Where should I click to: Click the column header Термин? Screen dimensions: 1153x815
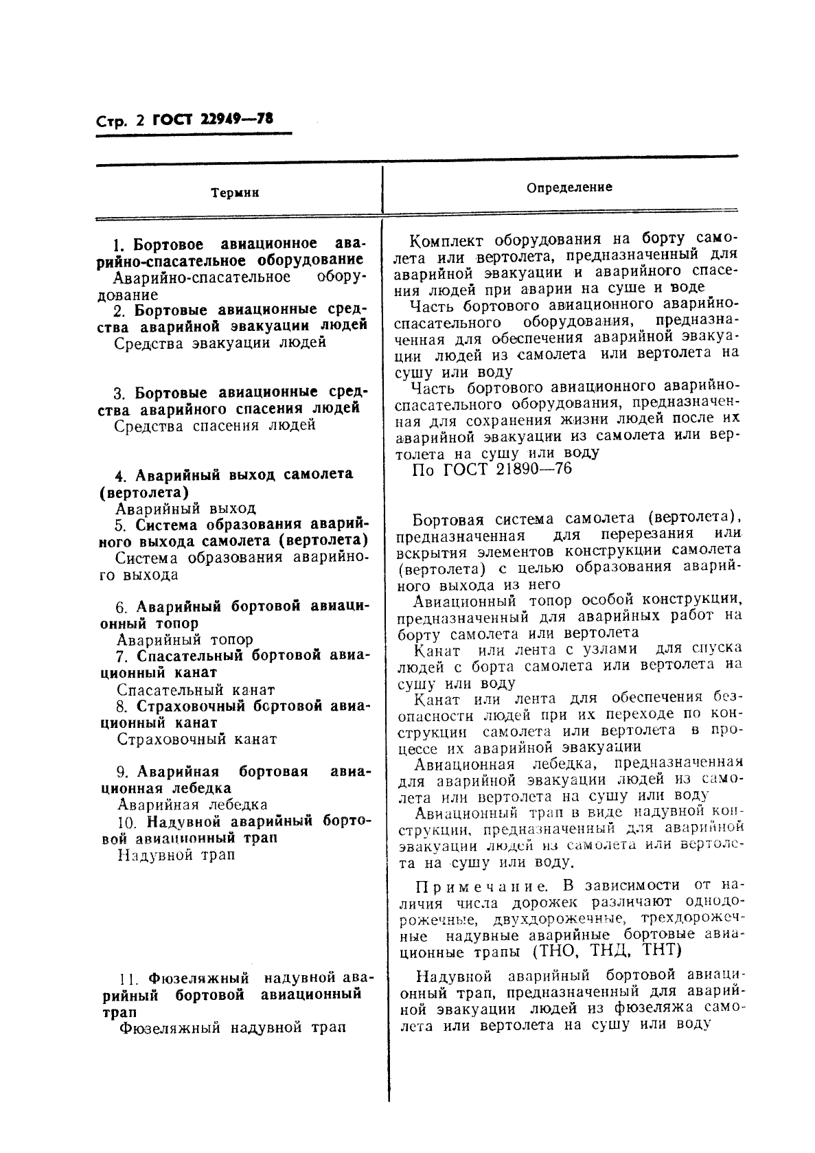pos(235,194)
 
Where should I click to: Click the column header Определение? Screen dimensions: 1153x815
pos(569,187)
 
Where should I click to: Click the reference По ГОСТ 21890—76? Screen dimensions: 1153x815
pos(492,469)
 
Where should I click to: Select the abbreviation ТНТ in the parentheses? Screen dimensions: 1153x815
pos(660,950)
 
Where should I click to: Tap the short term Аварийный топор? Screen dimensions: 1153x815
pos(185,639)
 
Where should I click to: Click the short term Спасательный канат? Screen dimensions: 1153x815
pos(196,689)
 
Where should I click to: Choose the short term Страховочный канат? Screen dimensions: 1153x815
pos(196,740)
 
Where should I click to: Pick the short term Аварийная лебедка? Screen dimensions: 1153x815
pos(192,805)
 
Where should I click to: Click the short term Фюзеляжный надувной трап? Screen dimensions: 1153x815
pos(231,1028)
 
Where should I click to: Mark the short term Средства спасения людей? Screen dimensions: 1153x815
pos(214,425)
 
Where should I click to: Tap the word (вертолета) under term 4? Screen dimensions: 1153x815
pos(144,492)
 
